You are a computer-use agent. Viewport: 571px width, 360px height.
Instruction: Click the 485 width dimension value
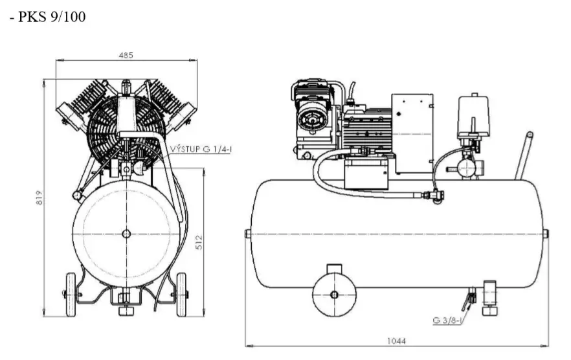(126, 55)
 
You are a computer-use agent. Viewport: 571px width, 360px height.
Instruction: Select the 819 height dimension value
(39, 197)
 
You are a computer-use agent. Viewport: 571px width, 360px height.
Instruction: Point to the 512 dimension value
(200, 242)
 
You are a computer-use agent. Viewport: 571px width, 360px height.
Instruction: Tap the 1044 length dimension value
(396, 341)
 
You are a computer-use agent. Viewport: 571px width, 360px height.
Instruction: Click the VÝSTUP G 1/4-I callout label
(201, 148)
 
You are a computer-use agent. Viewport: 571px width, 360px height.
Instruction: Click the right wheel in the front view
(181, 295)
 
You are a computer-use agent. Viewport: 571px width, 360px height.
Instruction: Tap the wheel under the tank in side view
(334, 295)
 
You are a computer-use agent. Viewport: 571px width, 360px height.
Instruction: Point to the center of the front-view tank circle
(126, 233)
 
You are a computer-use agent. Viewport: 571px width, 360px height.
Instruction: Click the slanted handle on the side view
(524, 155)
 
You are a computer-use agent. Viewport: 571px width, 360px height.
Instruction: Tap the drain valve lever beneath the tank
(467, 301)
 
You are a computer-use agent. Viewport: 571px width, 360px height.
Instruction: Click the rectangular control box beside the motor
(412, 133)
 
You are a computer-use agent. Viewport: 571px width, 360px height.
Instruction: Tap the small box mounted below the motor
(366, 174)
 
